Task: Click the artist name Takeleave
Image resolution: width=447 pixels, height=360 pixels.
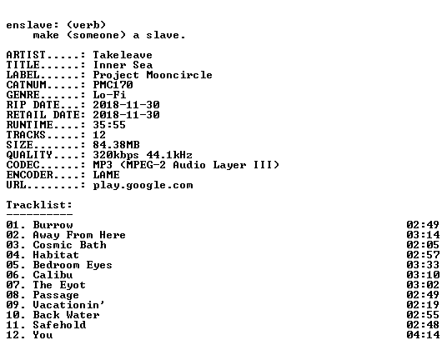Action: point(123,55)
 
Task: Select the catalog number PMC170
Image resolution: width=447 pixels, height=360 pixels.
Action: point(113,85)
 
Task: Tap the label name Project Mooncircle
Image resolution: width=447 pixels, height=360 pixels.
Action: point(153,75)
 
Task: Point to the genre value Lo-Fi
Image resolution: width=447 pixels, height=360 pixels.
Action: point(109,94)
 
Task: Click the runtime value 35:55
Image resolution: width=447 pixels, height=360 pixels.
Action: point(109,125)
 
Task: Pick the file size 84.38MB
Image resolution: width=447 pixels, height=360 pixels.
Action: point(116,145)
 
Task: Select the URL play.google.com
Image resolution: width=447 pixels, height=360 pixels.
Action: point(143,185)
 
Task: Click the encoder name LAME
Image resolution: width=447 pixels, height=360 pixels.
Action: point(106,175)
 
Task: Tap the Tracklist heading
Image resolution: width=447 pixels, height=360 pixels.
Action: point(39,205)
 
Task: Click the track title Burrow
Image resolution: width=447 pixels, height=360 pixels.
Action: point(53,225)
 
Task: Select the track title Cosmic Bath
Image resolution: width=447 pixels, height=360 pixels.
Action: point(69,245)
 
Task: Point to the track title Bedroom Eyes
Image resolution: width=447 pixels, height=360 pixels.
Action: point(73,265)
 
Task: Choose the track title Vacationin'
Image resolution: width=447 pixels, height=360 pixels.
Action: point(68,305)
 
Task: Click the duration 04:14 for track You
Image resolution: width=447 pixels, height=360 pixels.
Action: point(423,335)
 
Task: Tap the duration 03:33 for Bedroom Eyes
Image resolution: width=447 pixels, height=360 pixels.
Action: point(423,265)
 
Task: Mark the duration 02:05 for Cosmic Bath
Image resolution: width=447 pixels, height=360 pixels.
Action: point(423,245)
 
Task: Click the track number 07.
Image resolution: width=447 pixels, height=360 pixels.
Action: point(14,285)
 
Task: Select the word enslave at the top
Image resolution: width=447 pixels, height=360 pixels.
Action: point(29,25)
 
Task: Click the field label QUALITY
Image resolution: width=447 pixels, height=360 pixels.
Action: point(29,155)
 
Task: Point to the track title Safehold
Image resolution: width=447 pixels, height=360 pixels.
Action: point(59,325)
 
